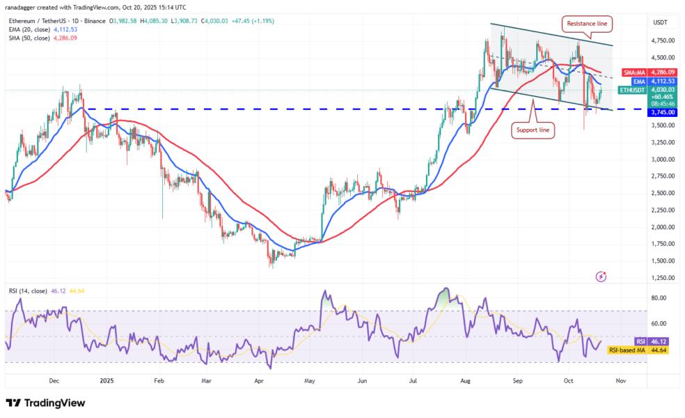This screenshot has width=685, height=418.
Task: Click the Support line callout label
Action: pyautogui.click(x=534, y=130)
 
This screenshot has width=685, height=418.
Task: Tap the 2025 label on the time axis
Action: pyautogui.click(x=106, y=381)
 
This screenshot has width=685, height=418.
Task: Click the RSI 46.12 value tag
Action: pyautogui.click(x=655, y=341)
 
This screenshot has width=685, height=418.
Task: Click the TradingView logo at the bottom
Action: pyautogui.click(x=45, y=403)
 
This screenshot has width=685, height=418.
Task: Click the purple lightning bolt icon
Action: pyautogui.click(x=601, y=277)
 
